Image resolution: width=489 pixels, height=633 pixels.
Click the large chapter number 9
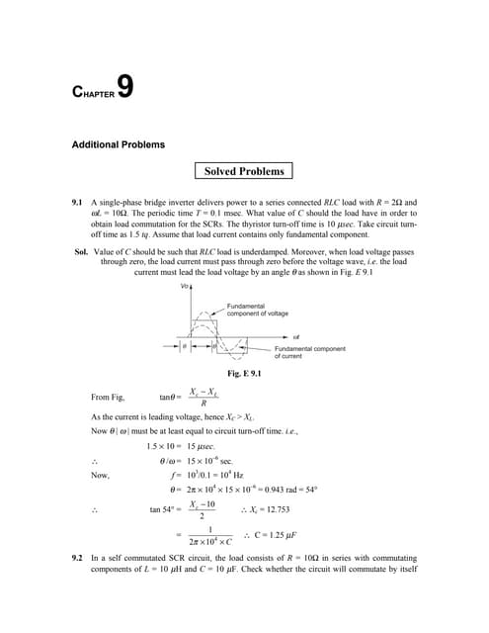tap(124, 88)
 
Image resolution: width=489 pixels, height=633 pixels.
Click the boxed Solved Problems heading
tap(244, 171)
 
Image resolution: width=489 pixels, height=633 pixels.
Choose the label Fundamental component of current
tap(309, 352)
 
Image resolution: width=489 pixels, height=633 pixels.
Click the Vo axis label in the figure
tap(185, 287)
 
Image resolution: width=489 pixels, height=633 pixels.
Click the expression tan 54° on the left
tap(168, 507)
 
